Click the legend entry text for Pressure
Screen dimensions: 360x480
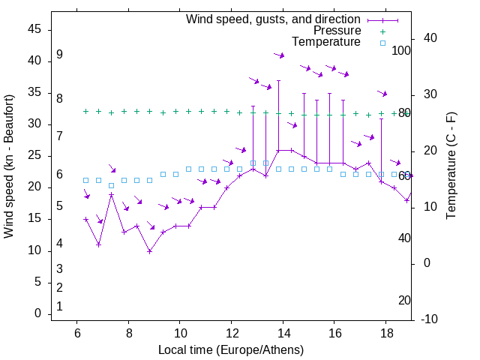click(337, 31)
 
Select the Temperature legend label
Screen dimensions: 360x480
click(326, 42)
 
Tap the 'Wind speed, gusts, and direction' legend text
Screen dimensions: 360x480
click(273, 19)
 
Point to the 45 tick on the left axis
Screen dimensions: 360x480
click(35, 29)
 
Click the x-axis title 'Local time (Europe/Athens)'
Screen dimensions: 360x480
click(231, 349)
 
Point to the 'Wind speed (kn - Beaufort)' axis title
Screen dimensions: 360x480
click(10, 166)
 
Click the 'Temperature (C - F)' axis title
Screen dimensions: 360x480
click(451, 166)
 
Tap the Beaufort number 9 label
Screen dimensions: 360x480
click(59, 55)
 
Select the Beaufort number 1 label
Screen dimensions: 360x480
click(59, 306)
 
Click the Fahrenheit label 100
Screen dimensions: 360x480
click(402, 51)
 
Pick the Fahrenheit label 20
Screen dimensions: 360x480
click(404, 300)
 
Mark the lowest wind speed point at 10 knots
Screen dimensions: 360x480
click(150, 251)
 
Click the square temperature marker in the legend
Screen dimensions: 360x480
click(382, 43)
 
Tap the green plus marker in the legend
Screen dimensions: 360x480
click(382, 31)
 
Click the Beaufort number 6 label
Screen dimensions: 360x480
click(59, 174)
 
